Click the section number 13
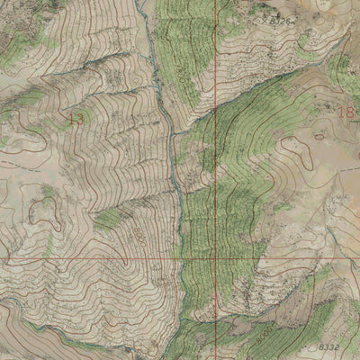click(75, 117)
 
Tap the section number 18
click(344, 112)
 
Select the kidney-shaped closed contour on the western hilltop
click(40, 209)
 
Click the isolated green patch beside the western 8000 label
click(108, 218)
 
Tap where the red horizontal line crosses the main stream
click(183, 259)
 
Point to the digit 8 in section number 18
click(348, 112)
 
